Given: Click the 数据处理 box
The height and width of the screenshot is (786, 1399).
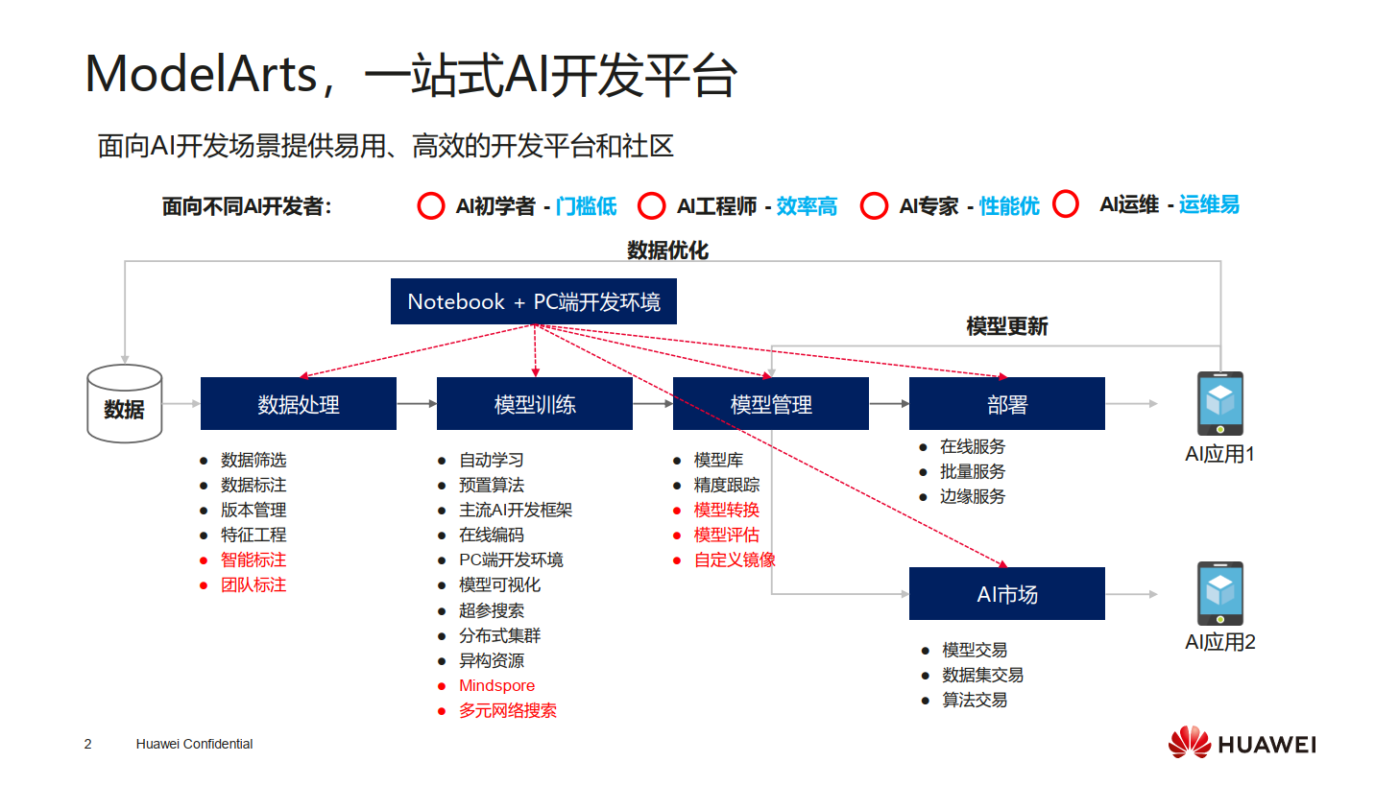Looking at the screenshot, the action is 298,404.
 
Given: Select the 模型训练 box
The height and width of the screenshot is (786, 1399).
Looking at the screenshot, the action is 534,404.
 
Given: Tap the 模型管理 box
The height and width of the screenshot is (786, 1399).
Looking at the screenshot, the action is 770,404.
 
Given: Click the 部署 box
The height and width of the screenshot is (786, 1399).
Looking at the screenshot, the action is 1006,404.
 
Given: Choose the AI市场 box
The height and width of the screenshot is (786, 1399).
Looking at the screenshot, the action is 1006,594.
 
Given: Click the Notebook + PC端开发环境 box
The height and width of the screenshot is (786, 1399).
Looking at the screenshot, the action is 533,301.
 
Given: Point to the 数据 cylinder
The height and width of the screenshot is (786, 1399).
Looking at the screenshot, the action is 125,404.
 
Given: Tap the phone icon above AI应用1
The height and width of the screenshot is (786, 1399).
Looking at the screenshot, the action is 1219,403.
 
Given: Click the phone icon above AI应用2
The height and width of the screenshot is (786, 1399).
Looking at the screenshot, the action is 1219,593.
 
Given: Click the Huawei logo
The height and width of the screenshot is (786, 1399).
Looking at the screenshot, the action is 1242,744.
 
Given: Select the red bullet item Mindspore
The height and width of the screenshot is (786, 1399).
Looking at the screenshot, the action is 496,685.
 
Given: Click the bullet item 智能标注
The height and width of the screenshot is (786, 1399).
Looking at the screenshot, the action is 253,560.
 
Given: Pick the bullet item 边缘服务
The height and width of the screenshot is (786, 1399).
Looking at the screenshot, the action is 973,496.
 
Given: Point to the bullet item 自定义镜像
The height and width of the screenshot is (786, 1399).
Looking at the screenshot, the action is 735,560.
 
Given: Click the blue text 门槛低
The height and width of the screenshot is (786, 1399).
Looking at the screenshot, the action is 586,206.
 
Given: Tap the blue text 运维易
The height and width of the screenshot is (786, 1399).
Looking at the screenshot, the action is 1209,204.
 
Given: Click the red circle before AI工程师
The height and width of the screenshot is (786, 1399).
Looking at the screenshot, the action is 652,206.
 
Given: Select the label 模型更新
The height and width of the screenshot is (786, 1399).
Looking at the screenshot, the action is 1006,326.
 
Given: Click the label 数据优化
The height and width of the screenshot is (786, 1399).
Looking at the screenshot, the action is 667,250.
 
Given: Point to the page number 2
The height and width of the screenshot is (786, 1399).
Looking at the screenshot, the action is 88,744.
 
